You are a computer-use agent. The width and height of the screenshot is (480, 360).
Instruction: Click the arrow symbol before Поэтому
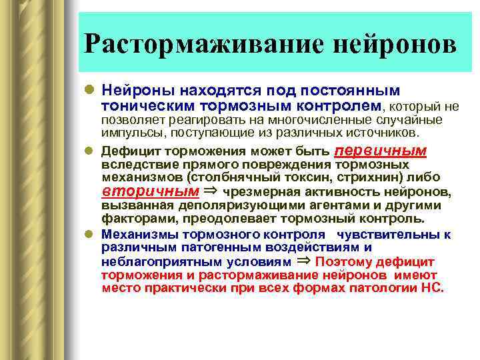303,261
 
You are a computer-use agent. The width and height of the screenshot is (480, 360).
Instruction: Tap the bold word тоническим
143,105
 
